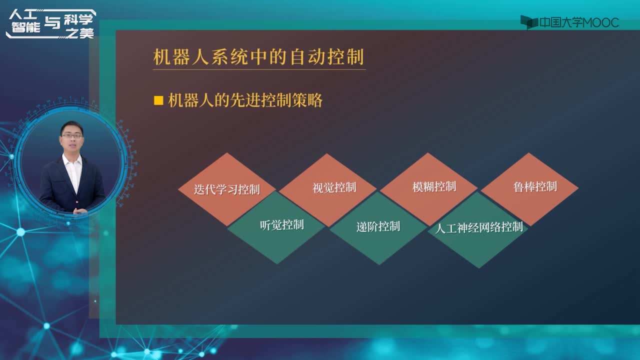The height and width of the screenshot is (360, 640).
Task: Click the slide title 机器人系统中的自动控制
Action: [x=258, y=57]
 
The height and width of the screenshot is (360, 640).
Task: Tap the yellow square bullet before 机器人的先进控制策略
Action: [x=158, y=100]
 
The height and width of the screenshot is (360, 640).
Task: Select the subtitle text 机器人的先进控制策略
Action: [x=245, y=100]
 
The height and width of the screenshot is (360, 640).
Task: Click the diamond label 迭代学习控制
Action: [x=226, y=189]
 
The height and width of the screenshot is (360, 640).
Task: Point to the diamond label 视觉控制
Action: [x=334, y=187]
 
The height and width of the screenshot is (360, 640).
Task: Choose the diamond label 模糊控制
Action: [x=434, y=187]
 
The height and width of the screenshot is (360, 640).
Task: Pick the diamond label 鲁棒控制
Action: [x=535, y=187]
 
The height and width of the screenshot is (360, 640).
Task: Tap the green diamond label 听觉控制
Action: [x=281, y=225]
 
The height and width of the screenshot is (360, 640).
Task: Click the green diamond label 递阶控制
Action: [x=378, y=226]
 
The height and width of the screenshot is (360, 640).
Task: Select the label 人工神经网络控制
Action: [x=479, y=228]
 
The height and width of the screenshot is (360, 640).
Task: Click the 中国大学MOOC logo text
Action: [x=579, y=22]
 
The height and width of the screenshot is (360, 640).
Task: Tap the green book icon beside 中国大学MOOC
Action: [x=529, y=22]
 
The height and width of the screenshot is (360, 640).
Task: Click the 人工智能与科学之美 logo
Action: [x=51, y=24]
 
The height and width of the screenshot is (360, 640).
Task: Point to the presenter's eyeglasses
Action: [x=71, y=136]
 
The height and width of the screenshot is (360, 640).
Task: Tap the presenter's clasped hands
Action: [x=80, y=211]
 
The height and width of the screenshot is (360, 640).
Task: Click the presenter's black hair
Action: [x=71, y=127]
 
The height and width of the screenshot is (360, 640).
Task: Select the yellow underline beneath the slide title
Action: [x=259, y=69]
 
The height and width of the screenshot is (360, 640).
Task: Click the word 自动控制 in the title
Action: [x=327, y=57]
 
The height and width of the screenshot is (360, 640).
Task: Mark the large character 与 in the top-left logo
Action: [x=52, y=22]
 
